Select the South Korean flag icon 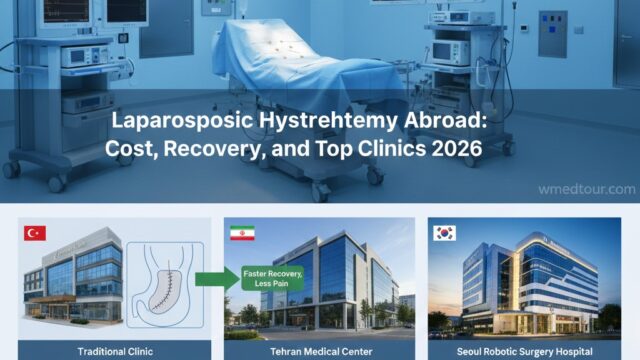click(444, 233)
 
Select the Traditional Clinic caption click(116, 351)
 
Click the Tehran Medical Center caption click(319, 351)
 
